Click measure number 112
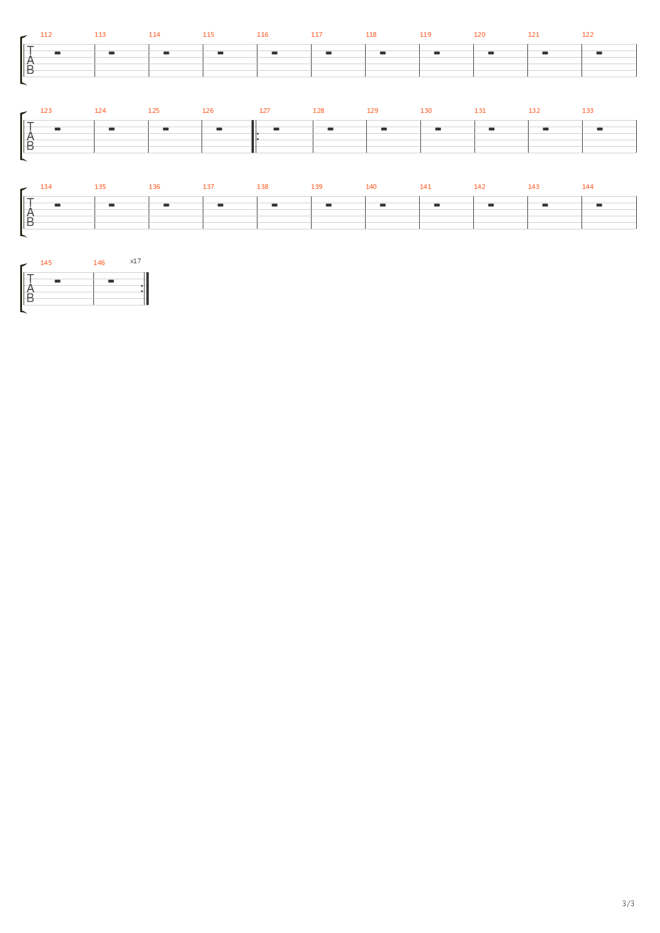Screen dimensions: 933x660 tap(46, 34)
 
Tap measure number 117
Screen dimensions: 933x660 tap(316, 34)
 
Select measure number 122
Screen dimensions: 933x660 tap(587, 34)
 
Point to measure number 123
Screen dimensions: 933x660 tap(46, 111)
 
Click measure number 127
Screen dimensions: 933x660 tap(265, 111)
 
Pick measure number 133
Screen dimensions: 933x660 tap(587, 111)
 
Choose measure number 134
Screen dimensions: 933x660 tap(46, 187)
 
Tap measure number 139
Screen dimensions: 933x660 tap(316, 187)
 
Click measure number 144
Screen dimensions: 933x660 tap(587, 187)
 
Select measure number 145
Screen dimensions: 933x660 tap(46, 263)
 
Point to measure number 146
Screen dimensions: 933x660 tap(99, 263)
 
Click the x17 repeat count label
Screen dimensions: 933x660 tap(136, 261)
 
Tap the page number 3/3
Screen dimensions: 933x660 tap(628, 903)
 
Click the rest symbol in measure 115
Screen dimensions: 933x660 tap(220, 53)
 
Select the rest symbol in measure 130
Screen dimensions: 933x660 tap(438, 129)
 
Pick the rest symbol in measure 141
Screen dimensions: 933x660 tap(436, 205)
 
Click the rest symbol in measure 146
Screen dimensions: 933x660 tap(111, 281)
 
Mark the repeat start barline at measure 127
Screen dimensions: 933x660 tap(254, 137)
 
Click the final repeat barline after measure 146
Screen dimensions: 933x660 tap(146, 289)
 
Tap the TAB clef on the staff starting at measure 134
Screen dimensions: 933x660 tap(30, 213)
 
